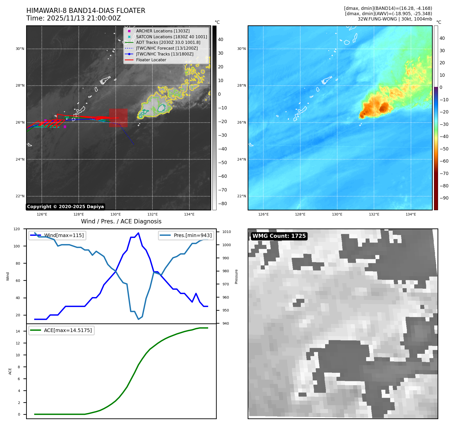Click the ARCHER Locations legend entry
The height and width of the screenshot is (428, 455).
coord(163,31)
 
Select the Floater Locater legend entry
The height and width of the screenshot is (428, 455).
coord(151,60)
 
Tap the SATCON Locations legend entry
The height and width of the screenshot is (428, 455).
coord(171,37)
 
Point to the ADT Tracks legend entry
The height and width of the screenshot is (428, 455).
coord(168,43)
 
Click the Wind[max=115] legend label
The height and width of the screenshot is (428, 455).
coord(64,235)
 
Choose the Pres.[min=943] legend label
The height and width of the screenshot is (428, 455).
coord(192,235)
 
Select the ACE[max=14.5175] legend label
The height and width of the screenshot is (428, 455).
coord(68,330)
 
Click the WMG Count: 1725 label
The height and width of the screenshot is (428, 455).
coord(279,236)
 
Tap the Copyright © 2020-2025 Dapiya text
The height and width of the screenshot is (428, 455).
coord(65,207)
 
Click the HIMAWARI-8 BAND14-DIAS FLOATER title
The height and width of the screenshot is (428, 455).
coord(86,11)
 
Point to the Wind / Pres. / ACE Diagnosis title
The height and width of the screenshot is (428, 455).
coord(121,221)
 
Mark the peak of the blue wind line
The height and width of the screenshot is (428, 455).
coord(138,233)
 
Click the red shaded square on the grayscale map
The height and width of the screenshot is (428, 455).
coord(118,118)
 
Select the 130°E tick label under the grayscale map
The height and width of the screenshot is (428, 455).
coord(116,214)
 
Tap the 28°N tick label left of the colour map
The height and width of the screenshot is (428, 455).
coord(241,86)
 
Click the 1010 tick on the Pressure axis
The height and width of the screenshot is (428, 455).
coord(226,232)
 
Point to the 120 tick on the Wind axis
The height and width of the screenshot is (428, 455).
coord(17,229)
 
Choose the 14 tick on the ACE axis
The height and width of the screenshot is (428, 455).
coord(18,331)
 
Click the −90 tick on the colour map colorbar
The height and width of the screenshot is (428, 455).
coord(444,198)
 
